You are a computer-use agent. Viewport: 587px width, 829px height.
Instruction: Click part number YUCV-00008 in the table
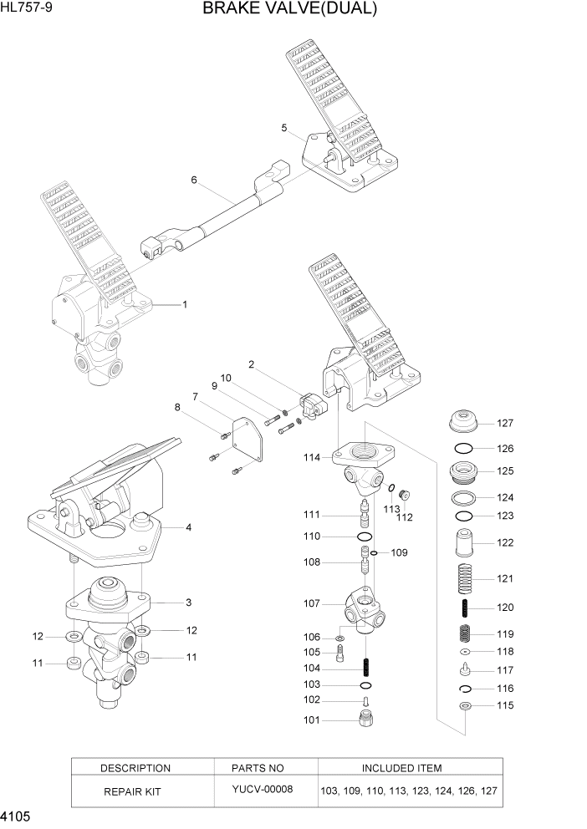[x=263, y=789]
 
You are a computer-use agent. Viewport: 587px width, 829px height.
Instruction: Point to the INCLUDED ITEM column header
[x=401, y=768]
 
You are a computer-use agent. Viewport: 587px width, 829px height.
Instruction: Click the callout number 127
[x=504, y=423]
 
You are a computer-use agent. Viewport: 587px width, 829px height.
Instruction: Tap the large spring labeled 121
[x=466, y=578]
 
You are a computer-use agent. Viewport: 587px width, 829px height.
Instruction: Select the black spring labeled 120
[x=466, y=608]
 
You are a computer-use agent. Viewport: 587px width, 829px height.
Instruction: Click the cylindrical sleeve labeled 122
[x=466, y=543]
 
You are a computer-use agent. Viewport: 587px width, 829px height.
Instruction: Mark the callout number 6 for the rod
[x=193, y=180]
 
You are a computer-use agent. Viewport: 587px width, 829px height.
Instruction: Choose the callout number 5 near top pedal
[x=284, y=128]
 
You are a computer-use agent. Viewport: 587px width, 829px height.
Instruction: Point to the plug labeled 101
[x=365, y=719]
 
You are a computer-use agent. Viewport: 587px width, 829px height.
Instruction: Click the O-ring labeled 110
[x=365, y=536]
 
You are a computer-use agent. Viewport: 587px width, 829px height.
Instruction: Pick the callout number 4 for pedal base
[x=188, y=527]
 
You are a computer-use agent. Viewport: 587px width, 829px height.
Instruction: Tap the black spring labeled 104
[x=365, y=669]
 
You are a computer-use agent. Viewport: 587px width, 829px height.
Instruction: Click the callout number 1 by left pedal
[x=184, y=305]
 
